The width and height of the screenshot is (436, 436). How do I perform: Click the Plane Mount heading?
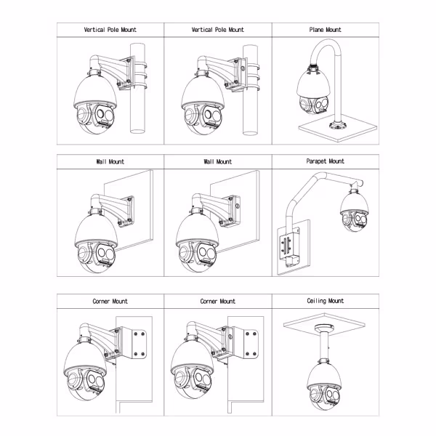[325, 30]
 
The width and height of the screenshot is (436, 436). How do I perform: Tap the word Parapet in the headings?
[316, 161]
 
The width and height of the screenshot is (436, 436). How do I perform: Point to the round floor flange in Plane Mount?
[338, 126]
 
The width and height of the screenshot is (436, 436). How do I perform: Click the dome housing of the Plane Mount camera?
[313, 84]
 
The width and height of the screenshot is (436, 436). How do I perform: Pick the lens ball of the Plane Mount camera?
[313, 105]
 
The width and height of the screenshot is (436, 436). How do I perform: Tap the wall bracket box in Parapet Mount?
[290, 248]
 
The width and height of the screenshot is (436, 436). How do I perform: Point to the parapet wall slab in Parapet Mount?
[294, 248]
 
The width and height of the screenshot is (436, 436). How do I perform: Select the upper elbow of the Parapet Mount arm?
[320, 176]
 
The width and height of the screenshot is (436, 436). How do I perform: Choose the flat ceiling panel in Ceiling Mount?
[324, 322]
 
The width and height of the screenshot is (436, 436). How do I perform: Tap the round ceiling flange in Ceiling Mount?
[324, 327]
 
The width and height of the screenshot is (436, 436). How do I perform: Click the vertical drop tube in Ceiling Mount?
[324, 344]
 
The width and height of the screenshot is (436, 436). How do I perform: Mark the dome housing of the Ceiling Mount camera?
[324, 376]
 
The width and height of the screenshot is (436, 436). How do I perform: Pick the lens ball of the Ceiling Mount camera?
[324, 397]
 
